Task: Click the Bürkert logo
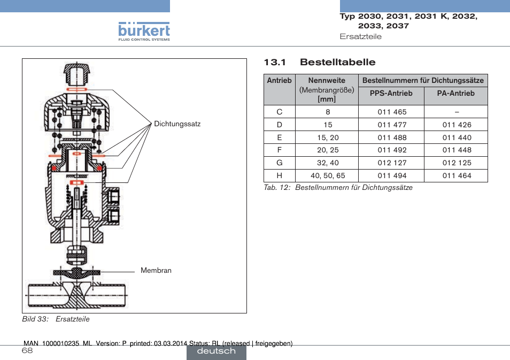(x=144, y=32)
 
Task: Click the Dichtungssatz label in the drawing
(x=177, y=124)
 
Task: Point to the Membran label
(x=156, y=271)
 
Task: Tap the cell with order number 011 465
(x=392, y=112)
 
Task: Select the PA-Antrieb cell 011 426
(x=457, y=125)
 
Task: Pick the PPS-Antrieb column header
(x=391, y=94)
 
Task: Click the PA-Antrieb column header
(x=455, y=94)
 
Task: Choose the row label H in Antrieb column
(x=280, y=176)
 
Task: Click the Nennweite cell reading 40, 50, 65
(x=328, y=176)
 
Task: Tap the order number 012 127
(x=392, y=163)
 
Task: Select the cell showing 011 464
(x=457, y=176)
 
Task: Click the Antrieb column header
(x=280, y=81)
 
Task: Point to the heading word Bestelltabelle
(x=338, y=62)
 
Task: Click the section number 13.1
(x=275, y=62)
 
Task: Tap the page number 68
(x=27, y=350)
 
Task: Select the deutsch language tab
(x=217, y=351)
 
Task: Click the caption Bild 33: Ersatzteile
(x=56, y=319)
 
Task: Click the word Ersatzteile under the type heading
(x=361, y=36)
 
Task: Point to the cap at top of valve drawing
(x=76, y=74)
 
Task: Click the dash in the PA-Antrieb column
(x=457, y=112)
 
